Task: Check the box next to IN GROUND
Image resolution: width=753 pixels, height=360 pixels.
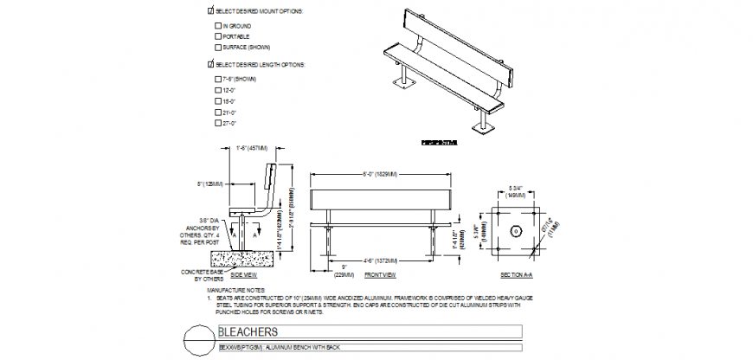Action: pyautogui.click(x=217, y=26)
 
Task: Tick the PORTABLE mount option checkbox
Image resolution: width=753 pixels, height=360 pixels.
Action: pyautogui.click(x=217, y=36)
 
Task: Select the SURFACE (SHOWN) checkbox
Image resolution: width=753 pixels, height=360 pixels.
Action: pyautogui.click(x=217, y=47)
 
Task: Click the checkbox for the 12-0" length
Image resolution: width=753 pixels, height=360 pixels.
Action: pyautogui.click(x=217, y=90)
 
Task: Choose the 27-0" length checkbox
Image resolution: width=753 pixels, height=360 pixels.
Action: pyautogui.click(x=217, y=123)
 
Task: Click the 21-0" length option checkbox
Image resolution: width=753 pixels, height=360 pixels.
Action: pyautogui.click(x=217, y=112)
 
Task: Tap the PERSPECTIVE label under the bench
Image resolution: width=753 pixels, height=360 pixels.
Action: pyautogui.click(x=439, y=142)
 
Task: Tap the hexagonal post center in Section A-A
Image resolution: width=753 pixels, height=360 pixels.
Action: pyautogui.click(x=515, y=231)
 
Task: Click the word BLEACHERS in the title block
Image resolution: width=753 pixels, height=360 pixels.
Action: pyautogui.click(x=248, y=332)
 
